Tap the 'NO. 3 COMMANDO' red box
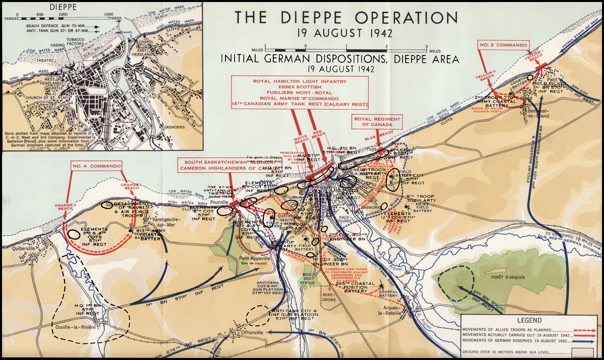503,45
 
